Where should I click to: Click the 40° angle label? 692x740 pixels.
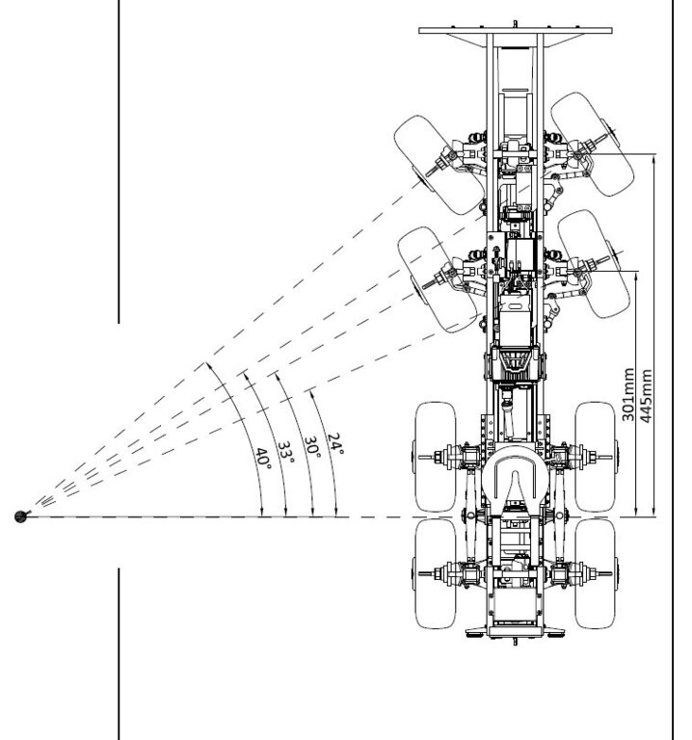click(263, 459)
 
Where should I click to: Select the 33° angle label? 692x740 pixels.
click(285, 452)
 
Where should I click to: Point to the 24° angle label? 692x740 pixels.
click(335, 443)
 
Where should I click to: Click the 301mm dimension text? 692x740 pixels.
click(627, 394)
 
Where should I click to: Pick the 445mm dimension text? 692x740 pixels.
click(646, 395)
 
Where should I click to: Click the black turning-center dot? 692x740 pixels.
click(21, 516)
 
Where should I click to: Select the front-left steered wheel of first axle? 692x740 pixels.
click(439, 165)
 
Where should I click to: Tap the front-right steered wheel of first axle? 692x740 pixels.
click(593, 144)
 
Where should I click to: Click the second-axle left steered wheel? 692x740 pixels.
click(438, 279)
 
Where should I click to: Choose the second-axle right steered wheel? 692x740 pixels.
click(594, 264)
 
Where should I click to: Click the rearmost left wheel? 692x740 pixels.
click(436, 574)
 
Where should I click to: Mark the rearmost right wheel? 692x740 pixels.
click(596, 574)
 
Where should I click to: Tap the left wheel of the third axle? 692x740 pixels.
click(436, 457)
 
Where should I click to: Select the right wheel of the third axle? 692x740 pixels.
click(596, 457)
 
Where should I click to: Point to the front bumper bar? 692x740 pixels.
click(516, 30)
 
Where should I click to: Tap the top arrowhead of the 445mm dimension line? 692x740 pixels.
click(653, 159)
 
